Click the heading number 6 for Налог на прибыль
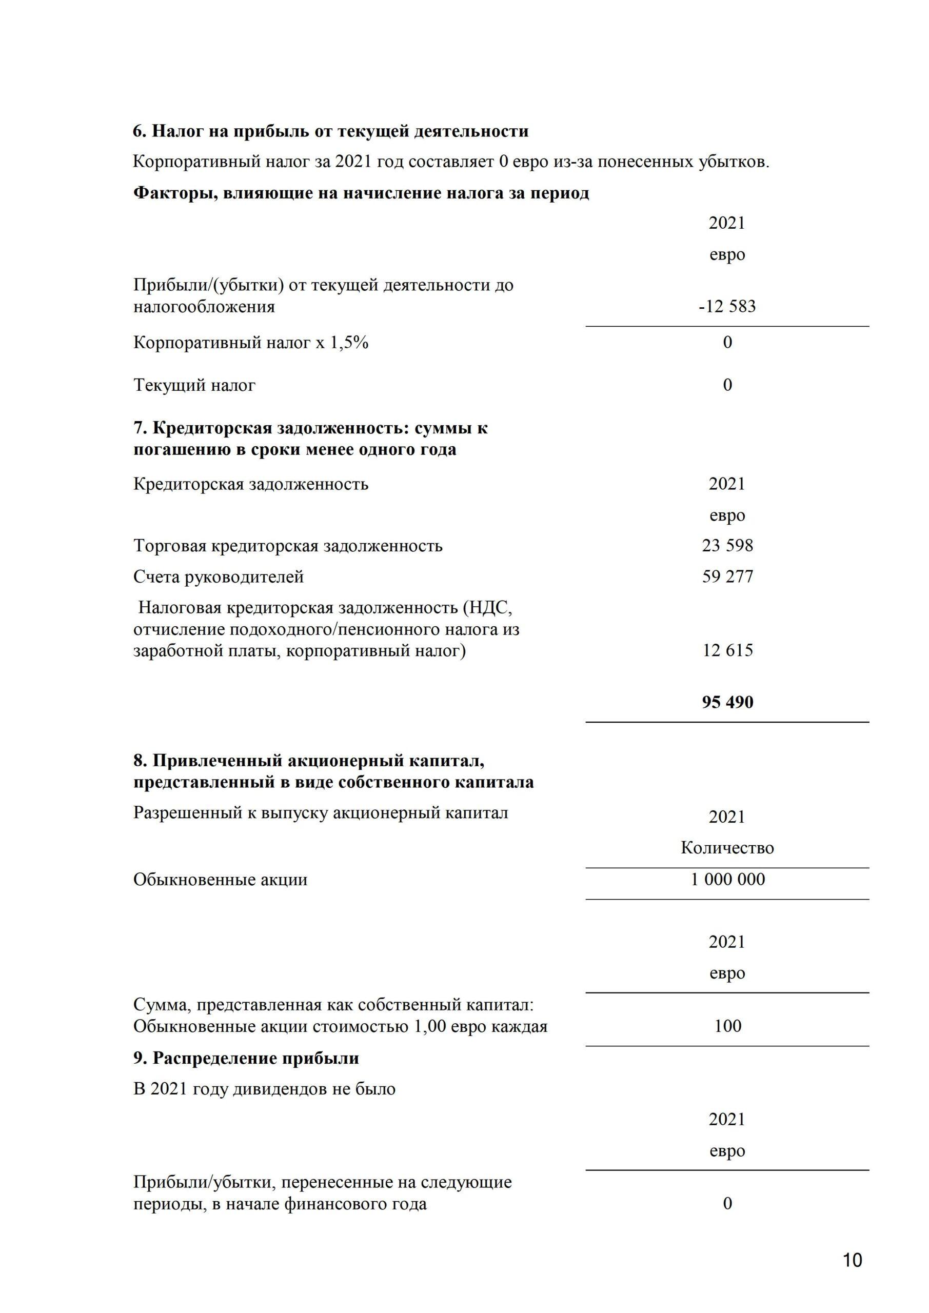coord(139,131)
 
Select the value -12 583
coord(727,307)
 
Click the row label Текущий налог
coord(194,385)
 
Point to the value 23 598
coord(727,546)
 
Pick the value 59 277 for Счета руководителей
coord(727,576)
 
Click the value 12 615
coord(727,650)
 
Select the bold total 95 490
coord(727,702)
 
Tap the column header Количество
coord(727,847)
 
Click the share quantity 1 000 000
coord(727,879)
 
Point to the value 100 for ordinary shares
coord(727,1025)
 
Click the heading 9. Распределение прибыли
coord(246,1058)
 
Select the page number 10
coord(852,1260)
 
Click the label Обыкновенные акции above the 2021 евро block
coord(220,880)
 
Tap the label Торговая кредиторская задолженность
coord(288,546)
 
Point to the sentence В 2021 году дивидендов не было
coord(264,1089)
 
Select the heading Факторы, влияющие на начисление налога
coord(361,193)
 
